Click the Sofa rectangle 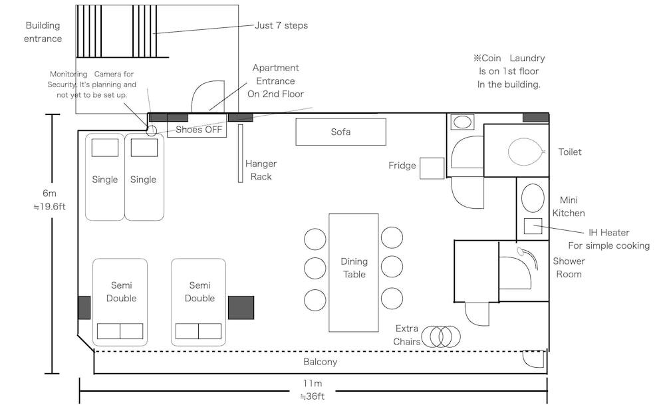click(x=340, y=132)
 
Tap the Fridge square click(x=432, y=168)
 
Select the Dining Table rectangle click(x=354, y=272)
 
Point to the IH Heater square click(x=532, y=225)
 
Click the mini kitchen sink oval click(x=533, y=198)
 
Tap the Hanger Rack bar click(x=241, y=153)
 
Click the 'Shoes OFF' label click(x=199, y=130)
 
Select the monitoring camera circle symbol click(x=151, y=130)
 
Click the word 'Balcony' click(x=320, y=362)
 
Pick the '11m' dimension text click(x=313, y=383)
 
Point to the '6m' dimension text click(x=50, y=193)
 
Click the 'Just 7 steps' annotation click(x=281, y=26)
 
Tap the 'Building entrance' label click(x=43, y=32)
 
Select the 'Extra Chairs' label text click(x=407, y=335)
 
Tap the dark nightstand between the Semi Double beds click(x=241, y=307)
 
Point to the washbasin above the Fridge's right click(x=461, y=122)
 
